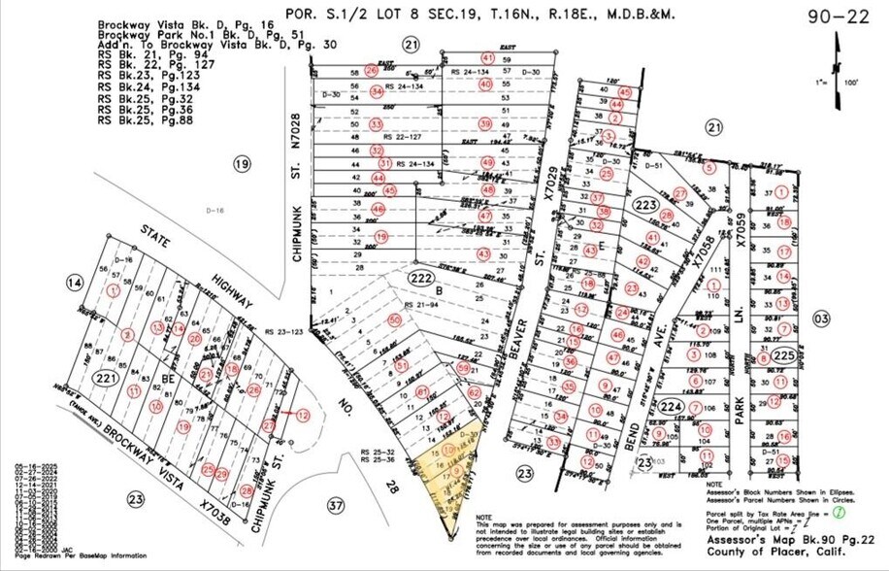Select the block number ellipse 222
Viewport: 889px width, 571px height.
click(418, 277)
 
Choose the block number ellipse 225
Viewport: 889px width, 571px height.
click(784, 355)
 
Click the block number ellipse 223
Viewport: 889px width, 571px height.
click(645, 206)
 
